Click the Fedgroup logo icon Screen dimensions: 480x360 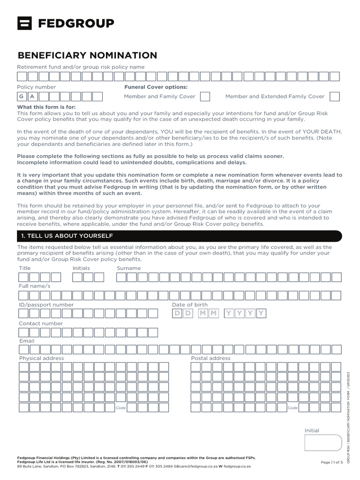pos(24,23)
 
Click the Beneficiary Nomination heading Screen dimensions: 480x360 pos(87,56)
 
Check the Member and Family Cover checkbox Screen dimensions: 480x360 pos(205,97)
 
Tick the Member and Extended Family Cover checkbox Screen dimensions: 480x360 pos(334,97)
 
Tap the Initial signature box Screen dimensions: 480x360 pos(323,442)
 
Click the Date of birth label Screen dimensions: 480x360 pos(189,305)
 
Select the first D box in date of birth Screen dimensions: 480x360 pos(177,313)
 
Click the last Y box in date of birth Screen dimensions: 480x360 pos(261,313)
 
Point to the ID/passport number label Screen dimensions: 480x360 pos(46,305)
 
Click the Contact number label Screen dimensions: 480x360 pos(40,323)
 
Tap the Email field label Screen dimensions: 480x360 pos(27,341)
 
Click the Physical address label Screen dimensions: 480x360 pos(41,358)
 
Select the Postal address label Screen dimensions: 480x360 pos(210,358)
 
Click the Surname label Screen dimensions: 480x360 pos(128,268)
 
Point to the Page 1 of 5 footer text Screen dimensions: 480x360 pos(332,462)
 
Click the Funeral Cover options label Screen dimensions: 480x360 pos(156,87)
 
